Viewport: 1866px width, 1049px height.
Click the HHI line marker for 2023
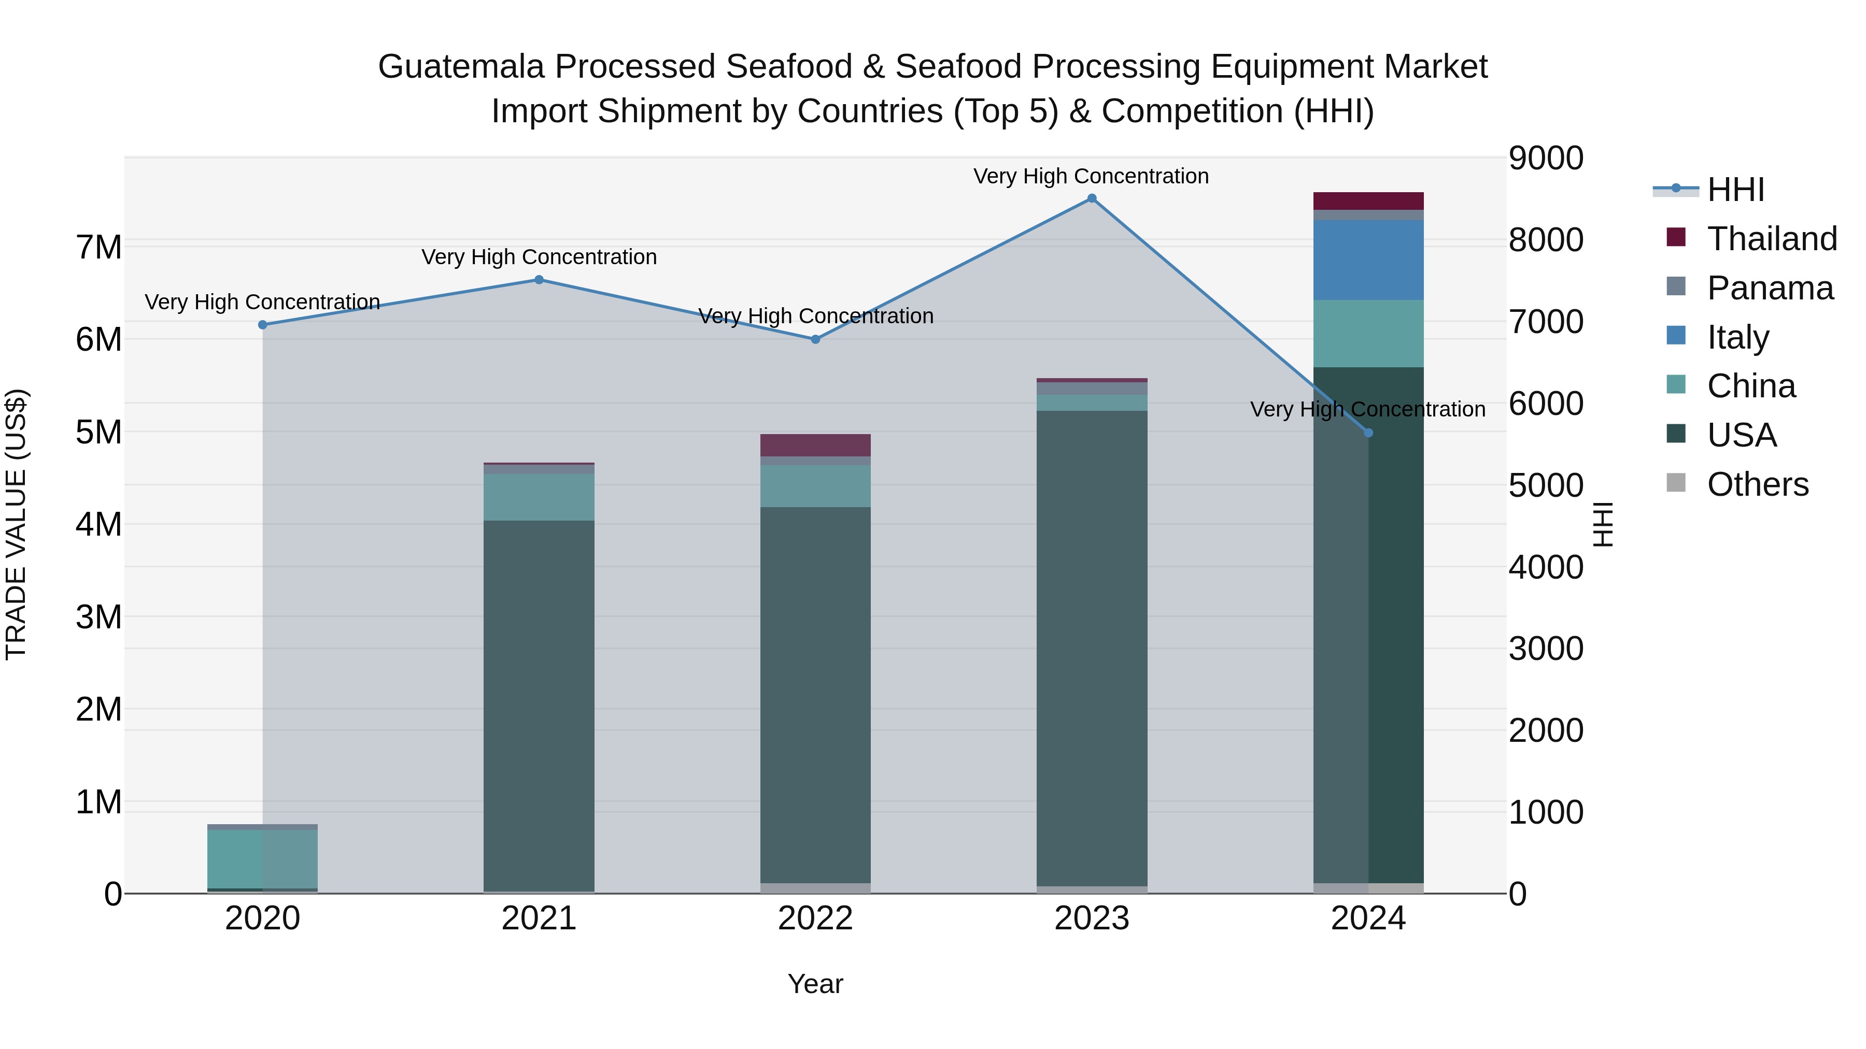click(1092, 198)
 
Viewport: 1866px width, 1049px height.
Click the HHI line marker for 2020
click(263, 325)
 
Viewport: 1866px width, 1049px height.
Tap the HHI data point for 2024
click(1368, 433)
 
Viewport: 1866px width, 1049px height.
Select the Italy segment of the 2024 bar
click(1368, 260)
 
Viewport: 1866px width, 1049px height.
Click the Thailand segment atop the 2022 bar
click(815, 445)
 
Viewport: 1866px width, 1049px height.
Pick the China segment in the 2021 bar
click(539, 497)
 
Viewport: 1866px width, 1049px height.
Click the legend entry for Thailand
click(1771, 239)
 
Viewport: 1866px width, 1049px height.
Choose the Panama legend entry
click(1769, 288)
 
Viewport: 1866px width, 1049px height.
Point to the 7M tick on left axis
click(99, 248)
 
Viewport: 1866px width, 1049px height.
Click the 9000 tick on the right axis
click(1546, 159)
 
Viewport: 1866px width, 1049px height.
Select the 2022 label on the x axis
click(815, 918)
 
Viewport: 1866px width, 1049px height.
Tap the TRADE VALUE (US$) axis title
click(16, 524)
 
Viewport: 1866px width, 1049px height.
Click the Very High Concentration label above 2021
click(539, 257)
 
